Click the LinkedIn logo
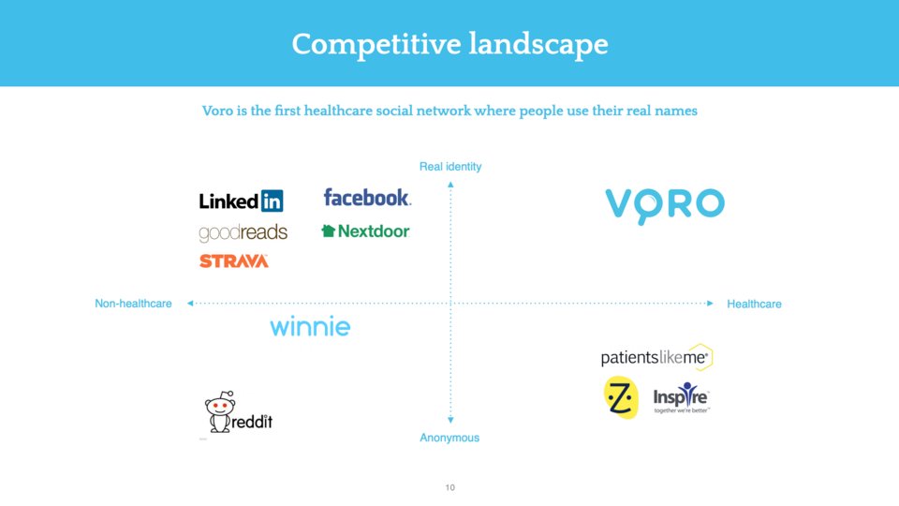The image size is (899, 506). point(241,201)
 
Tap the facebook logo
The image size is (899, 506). point(367,198)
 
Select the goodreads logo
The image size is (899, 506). point(243,233)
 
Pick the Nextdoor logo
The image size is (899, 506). point(365,231)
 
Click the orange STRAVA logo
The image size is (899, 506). point(234,261)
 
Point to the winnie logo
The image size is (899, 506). point(310,326)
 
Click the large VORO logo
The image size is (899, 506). point(665,205)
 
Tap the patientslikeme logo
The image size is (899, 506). point(656,357)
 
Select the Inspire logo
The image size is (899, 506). point(681,397)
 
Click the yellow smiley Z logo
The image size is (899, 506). point(621,397)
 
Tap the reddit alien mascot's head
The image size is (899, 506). point(220,405)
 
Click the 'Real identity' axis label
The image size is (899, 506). point(450,167)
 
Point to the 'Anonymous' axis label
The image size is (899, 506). point(449,438)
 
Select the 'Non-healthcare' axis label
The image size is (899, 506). point(133,304)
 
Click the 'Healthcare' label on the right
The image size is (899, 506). point(754,304)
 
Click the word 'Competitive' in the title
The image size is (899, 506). point(376,45)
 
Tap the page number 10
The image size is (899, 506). point(450,487)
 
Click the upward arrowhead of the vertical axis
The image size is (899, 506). point(450,185)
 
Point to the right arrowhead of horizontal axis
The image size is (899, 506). point(711,303)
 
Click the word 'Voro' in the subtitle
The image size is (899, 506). point(217,111)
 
